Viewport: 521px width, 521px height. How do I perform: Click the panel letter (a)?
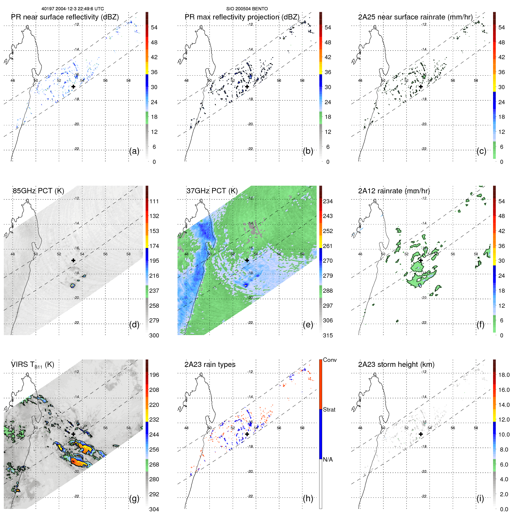(x=134, y=151)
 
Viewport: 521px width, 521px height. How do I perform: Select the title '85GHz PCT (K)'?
(x=38, y=191)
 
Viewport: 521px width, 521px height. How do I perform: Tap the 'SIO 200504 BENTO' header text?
(x=247, y=9)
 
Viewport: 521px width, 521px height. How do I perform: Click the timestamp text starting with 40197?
(x=73, y=9)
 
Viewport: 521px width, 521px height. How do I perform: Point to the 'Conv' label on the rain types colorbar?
(x=329, y=360)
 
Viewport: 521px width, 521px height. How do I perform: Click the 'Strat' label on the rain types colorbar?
(x=329, y=410)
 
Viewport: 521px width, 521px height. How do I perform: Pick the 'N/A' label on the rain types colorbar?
(x=328, y=460)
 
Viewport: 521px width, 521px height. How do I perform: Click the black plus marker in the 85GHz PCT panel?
(x=73, y=260)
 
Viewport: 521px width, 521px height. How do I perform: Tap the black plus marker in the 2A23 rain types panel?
(x=247, y=434)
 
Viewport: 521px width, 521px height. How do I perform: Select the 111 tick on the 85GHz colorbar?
(x=154, y=201)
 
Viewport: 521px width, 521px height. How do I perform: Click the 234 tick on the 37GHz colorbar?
(x=328, y=201)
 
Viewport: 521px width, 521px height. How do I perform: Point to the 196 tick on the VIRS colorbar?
(x=154, y=375)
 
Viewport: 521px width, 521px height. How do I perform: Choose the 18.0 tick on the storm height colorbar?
(x=504, y=375)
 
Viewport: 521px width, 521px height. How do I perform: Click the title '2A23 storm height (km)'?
(x=396, y=364)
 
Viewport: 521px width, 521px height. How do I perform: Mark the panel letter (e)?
(x=308, y=324)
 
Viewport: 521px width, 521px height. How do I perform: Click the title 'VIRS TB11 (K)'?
(x=32, y=364)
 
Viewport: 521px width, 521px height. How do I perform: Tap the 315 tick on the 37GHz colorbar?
(x=328, y=335)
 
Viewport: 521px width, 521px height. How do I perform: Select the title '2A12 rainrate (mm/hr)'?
(x=394, y=191)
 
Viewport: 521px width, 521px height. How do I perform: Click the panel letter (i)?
(x=480, y=498)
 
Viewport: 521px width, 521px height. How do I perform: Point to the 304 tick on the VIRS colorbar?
(x=154, y=509)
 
